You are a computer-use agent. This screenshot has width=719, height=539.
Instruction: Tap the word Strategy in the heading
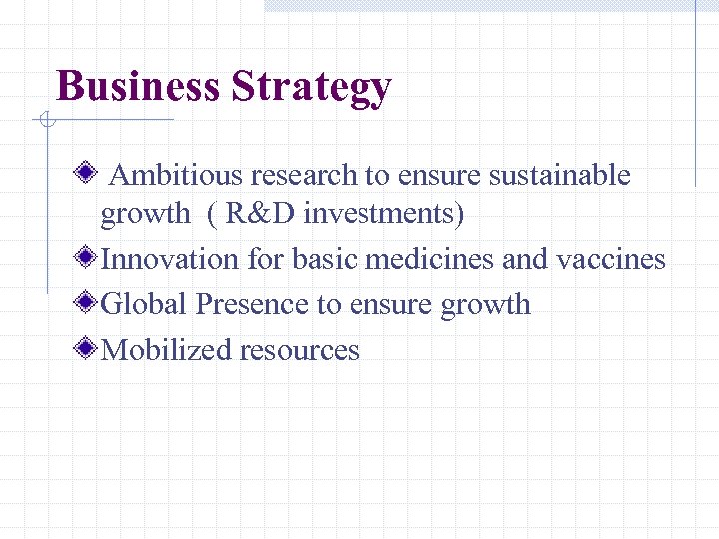[x=311, y=88]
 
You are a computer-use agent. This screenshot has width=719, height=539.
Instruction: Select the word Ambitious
[x=176, y=176]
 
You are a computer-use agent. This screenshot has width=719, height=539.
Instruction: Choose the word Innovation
[x=170, y=260]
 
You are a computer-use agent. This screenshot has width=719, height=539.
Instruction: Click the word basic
[x=325, y=260]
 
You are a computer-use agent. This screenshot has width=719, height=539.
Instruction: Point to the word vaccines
[x=611, y=260]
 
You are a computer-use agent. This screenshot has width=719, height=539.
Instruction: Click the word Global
[x=145, y=305]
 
